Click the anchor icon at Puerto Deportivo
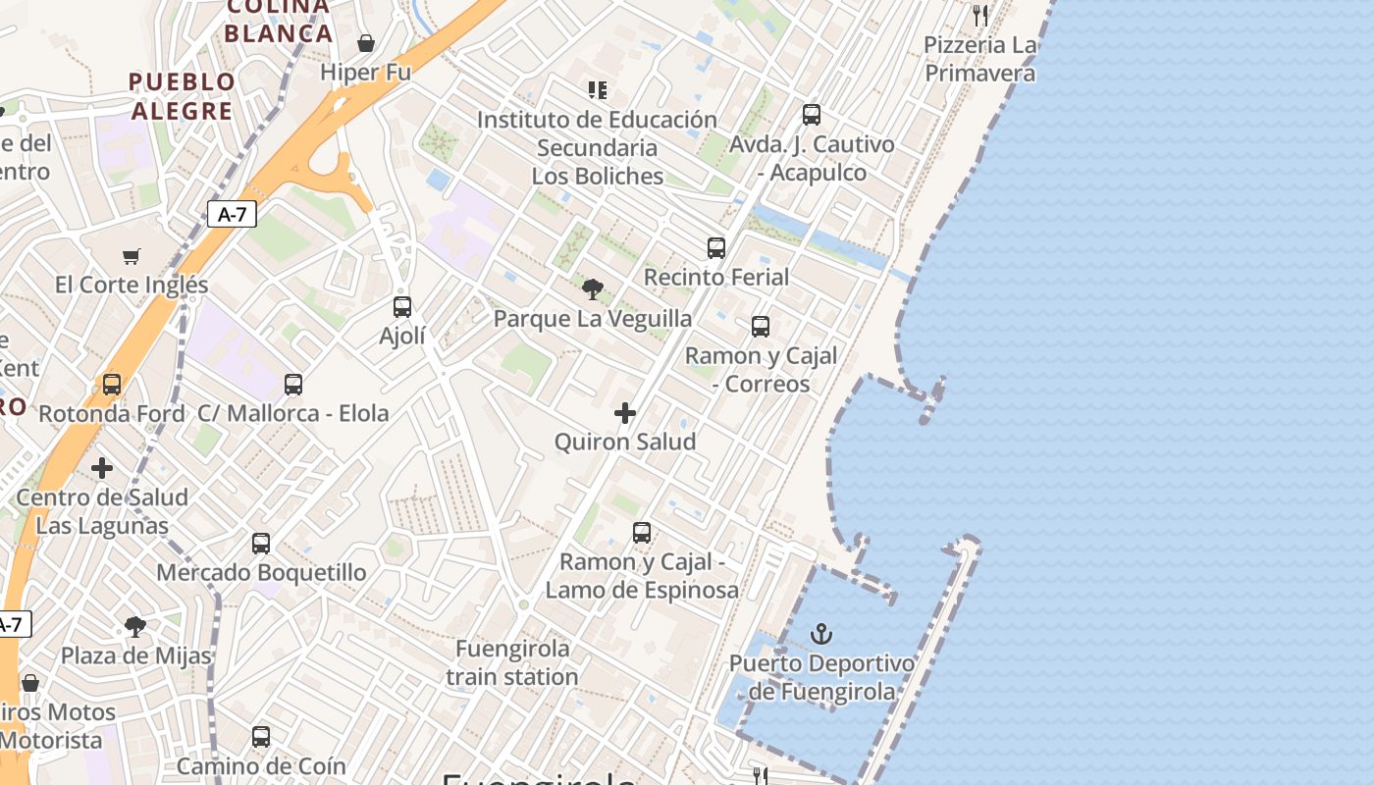821,634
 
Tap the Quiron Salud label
625,442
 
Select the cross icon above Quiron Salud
625,413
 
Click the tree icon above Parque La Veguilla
592,288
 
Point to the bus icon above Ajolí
402,307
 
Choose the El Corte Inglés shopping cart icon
132,256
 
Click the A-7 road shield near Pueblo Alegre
232,214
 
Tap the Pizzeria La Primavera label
979,59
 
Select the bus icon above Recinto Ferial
716,248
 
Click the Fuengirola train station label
512,662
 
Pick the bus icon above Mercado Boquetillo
261,544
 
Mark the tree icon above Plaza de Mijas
135,626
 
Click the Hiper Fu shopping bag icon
366,43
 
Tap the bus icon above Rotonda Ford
112,385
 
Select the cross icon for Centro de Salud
102,468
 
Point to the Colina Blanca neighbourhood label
279,21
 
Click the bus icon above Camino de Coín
261,736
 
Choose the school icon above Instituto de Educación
598,90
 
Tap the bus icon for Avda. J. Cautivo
812,115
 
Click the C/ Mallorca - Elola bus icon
293,385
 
